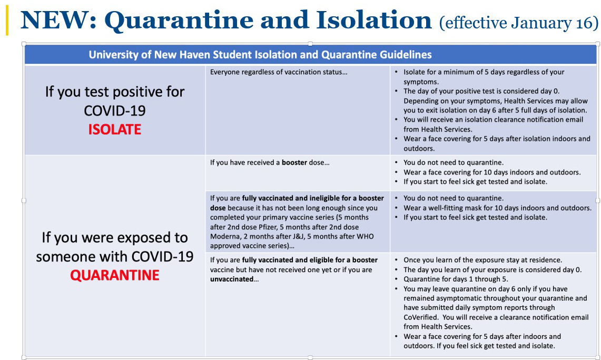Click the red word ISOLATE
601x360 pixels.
(115, 129)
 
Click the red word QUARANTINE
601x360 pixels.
(115, 275)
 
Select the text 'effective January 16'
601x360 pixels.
(519, 23)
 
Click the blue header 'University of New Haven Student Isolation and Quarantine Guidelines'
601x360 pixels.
(260, 55)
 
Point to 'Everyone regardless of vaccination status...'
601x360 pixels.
(279, 72)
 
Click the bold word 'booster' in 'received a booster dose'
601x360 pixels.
(294, 163)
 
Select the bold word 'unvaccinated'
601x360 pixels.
(232, 279)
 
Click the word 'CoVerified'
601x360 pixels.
(420, 317)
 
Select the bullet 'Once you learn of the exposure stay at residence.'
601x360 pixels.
(482, 260)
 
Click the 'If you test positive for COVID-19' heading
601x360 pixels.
(115, 101)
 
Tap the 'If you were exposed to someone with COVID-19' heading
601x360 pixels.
(115, 247)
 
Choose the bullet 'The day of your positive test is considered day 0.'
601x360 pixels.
(481, 91)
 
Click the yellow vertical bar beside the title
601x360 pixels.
(7, 22)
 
